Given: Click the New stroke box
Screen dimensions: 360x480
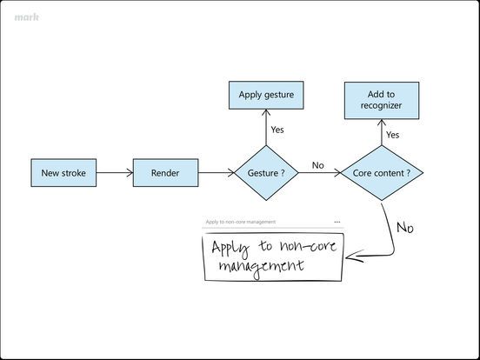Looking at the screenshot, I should pyautogui.click(x=63, y=173).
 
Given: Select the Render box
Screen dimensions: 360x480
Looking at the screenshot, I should pyautogui.click(x=165, y=173).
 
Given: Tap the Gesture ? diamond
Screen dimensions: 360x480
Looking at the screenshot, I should pyautogui.click(x=266, y=173).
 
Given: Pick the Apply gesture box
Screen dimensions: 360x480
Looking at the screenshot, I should pyautogui.click(x=266, y=95).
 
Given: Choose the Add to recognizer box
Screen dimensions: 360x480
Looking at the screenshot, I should pyautogui.click(x=382, y=100).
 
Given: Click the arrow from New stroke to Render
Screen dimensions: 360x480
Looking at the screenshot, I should pyautogui.click(x=114, y=173).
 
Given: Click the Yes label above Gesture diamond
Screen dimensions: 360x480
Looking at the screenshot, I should pyautogui.click(x=277, y=130).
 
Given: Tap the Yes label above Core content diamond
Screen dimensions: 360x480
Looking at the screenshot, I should pyautogui.click(x=393, y=135).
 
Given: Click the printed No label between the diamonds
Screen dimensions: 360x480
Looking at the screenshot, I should pyautogui.click(x=317, y=165).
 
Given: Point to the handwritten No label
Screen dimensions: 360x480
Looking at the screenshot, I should pyautogui.click(x=405, y=228).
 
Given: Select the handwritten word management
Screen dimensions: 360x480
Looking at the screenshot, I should pyautogui.click(x=259, y=266).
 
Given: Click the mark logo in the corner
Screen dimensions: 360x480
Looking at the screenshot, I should pyautogui.click(x=26, y=17).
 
